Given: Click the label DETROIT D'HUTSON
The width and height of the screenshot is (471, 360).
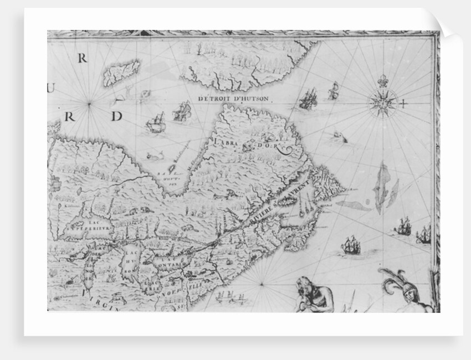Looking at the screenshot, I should [233, 99].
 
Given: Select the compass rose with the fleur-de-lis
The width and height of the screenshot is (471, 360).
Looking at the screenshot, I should [383, 102].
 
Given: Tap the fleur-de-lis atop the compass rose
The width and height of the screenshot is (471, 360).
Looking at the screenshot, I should [382, 81].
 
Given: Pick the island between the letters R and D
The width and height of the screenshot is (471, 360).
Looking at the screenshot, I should [121, 73].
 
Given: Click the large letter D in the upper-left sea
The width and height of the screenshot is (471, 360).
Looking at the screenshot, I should [116, 116].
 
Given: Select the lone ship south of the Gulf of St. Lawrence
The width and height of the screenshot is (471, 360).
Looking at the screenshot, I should [350, 245].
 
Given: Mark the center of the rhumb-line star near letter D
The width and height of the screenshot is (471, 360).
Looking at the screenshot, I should [90, 103].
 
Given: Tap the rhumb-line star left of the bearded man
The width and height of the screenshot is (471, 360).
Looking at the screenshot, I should [261, 285].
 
